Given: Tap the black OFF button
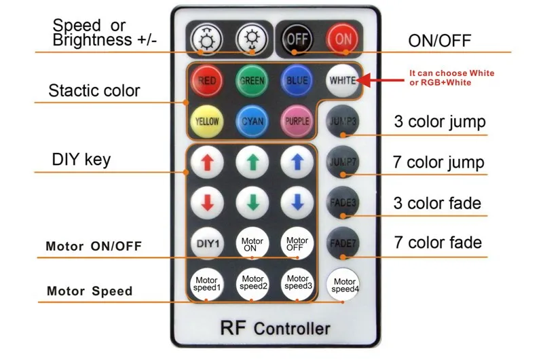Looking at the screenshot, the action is (x=297, y=39).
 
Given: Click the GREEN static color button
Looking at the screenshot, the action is (x=252, y=81).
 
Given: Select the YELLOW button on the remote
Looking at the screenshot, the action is (x=207, y=122).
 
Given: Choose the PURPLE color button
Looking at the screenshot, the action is (x=297, y=122).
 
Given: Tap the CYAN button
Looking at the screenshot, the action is (x=252, y=122).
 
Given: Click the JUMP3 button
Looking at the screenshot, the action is (x=343, y=122).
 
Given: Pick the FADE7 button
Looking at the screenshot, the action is (x=343, y=243).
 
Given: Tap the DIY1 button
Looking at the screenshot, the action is (x=207, y=243).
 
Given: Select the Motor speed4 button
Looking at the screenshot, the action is (x=343, y=285).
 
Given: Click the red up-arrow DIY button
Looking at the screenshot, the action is (x=207, y=162).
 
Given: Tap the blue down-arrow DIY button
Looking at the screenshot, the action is (x=297, y=202).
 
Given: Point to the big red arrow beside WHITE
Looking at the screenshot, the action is (x=380, y=80).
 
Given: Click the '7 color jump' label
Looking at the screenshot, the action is (x=438, y=162).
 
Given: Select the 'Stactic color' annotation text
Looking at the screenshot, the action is (x=94, y=91).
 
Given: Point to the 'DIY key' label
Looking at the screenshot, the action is (x=81, y=160).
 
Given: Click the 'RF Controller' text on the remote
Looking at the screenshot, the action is (x=276, y=328).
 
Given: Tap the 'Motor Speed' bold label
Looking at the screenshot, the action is (x=90, y=291).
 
